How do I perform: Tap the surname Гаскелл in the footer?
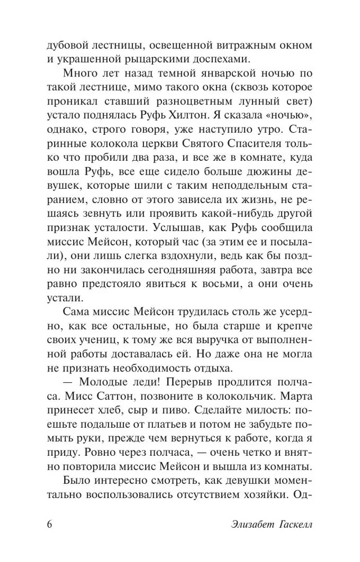coord(291,525)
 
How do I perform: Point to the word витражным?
coord(250,44)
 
